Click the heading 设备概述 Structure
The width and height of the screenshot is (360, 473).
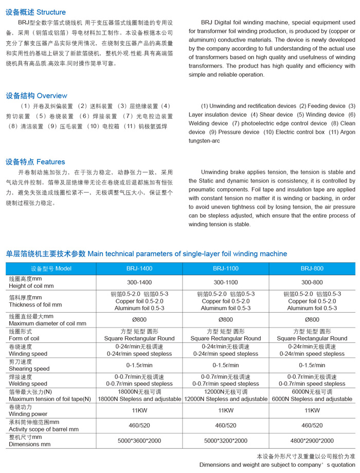(36, 12)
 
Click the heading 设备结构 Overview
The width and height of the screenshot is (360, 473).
(37, 96)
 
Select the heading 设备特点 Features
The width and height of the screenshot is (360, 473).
(35, 162)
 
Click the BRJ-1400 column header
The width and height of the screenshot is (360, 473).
(139, 268)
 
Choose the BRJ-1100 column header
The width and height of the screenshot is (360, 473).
(226, 268)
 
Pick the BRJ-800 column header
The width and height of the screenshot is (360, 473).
(312, 268)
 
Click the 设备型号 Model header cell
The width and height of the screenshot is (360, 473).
(51, 268)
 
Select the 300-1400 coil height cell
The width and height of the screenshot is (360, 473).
(139, 282)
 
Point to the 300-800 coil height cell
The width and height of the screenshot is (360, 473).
(312, 282)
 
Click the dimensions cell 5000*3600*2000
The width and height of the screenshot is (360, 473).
(139, 441)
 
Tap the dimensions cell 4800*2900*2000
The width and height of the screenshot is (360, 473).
(312, 441)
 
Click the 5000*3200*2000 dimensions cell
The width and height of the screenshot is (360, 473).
(226, 441)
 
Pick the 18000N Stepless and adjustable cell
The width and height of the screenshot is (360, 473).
(139, 399)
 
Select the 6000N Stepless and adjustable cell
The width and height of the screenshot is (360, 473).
(312, 399)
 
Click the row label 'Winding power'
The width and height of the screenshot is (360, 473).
(28, 414)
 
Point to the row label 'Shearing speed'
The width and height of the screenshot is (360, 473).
(29, 369)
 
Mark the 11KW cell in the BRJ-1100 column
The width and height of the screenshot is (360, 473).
(226, 410)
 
